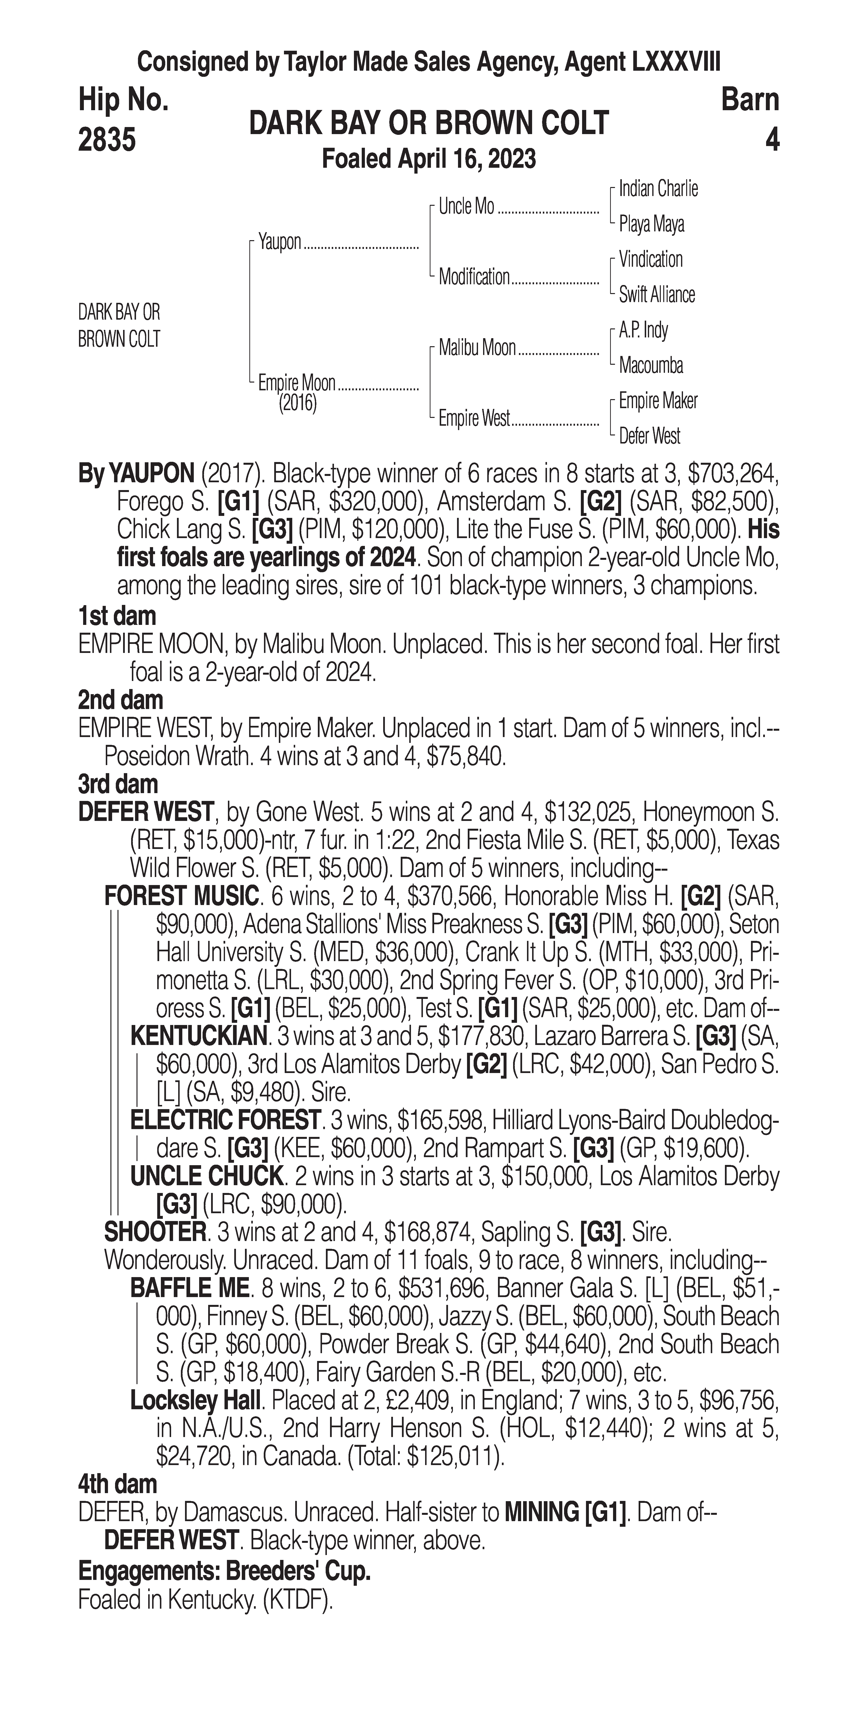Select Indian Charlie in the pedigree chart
pyautogui.click(x=658, y=189)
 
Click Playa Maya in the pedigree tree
pyautogui.click(x=651, y=224)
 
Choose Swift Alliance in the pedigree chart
pyautogui.click(x=656, y=295)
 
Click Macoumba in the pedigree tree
pyautogui.click(x=651, y=365)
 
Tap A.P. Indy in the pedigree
pyautogui.click(x=643, y=330)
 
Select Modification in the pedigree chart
pyautogui.click(x=474, y=277)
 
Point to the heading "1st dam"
pyautogui.click(x=117, y=616)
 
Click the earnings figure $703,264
pyautogui.click(x=732, y=474)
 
